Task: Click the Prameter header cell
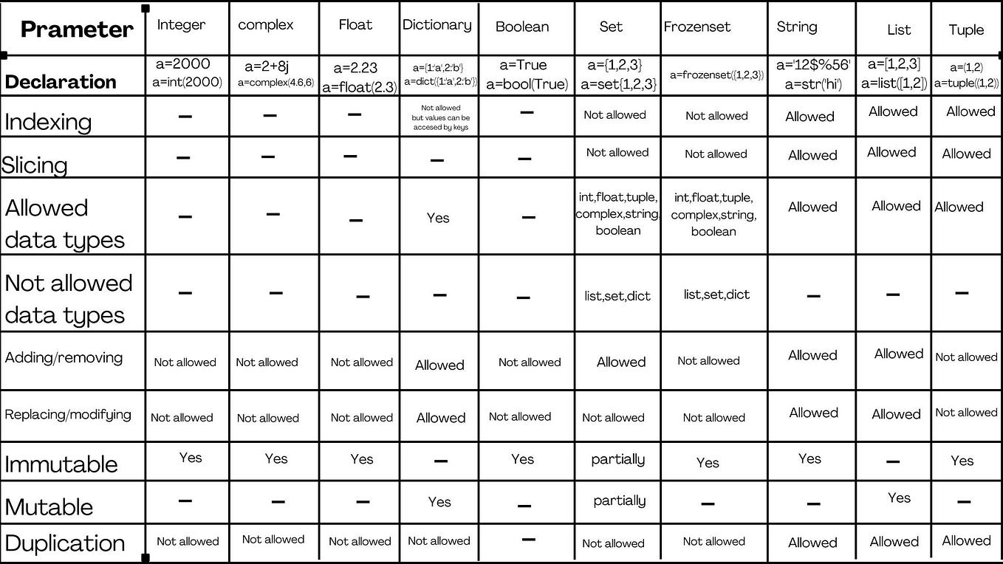point(77,30)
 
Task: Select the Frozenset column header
point(696,27)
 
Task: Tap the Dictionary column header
point(437,25)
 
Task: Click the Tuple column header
point(966,30)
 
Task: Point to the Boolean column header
point(522,27)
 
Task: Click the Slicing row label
point(35,164)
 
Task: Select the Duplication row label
point(65,543)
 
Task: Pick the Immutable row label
point(61,464)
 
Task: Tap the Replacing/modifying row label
point(68,414)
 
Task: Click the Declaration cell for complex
point(275,75)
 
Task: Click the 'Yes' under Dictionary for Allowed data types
point(438,218)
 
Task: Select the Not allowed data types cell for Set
point(617,296)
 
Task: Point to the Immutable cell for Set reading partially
point(618,459)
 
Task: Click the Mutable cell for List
point(899,498)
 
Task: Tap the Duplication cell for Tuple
point(966,540)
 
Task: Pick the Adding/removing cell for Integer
point(185,362)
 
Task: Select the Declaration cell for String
point(812,74)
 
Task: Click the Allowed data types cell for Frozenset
point(713,215)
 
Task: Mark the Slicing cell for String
point(812,155)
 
